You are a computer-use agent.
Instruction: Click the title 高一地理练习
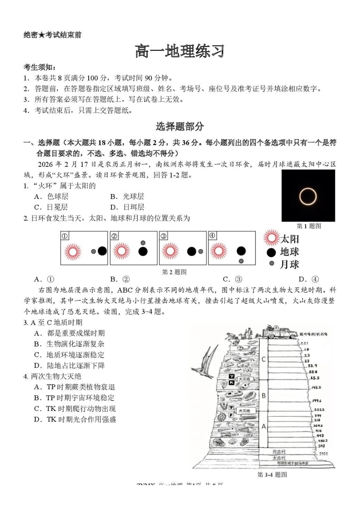tap(180, 52)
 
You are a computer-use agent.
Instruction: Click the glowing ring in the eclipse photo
tap(308, 196)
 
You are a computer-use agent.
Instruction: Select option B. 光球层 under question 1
tap(127, 196)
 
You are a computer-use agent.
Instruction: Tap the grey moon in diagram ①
tap(93, 251)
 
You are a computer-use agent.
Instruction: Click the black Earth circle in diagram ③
tap(191, 251)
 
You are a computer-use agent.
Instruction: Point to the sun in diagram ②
tap(121, 251)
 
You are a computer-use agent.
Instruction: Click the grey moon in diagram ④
tap(241, 261)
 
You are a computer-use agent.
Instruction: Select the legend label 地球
tap(290, 252)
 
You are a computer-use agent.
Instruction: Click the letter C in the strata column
tap(264, 359)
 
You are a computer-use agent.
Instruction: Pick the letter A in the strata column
tap(264, 426)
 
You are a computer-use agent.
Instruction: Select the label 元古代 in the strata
tap(279, 452)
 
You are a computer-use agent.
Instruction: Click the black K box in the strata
tap(232, 383)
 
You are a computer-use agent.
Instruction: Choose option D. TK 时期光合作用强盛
tap(75, 419)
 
